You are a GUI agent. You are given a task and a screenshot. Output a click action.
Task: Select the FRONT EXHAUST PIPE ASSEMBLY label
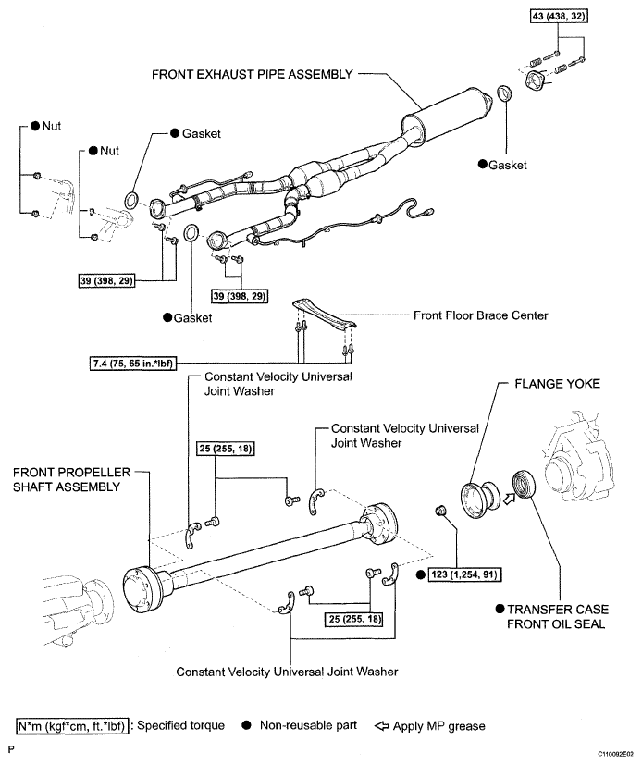[x=252, y=74]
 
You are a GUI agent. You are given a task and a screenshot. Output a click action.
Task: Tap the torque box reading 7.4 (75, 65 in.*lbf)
[x=132, y=363]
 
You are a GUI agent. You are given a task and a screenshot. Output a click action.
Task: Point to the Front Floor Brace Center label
[x=480, y=315]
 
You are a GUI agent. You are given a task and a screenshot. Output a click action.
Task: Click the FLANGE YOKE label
[x=557, y=384]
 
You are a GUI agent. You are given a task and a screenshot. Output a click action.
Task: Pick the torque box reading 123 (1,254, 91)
[x=464, y=574]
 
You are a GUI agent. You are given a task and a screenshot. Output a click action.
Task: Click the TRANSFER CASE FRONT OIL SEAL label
[x=556, y=616]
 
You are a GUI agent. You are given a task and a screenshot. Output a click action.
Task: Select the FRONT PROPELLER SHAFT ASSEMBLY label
[x=72, y=479]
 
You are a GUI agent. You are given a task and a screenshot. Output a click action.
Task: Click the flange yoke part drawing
[x=480, y=500]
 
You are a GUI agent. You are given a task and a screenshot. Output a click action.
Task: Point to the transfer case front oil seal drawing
[x=524, y=484]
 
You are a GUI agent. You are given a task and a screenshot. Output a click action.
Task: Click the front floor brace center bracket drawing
[x=324, y=315]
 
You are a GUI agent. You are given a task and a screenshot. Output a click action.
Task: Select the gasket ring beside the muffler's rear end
[x=504, y=93]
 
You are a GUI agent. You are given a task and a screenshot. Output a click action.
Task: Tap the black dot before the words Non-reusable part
[x=247, y=725]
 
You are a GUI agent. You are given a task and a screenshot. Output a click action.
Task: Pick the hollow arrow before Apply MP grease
[x=382, y=726]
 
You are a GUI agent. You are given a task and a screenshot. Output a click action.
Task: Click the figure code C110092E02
[x=616, y=754]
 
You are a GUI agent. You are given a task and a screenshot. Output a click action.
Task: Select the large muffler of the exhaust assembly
[x=447, y=117]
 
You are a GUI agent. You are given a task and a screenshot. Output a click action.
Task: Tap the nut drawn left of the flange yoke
[x=439, y=511]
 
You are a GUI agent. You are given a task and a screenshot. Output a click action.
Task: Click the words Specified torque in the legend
[x=181, y=725]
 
